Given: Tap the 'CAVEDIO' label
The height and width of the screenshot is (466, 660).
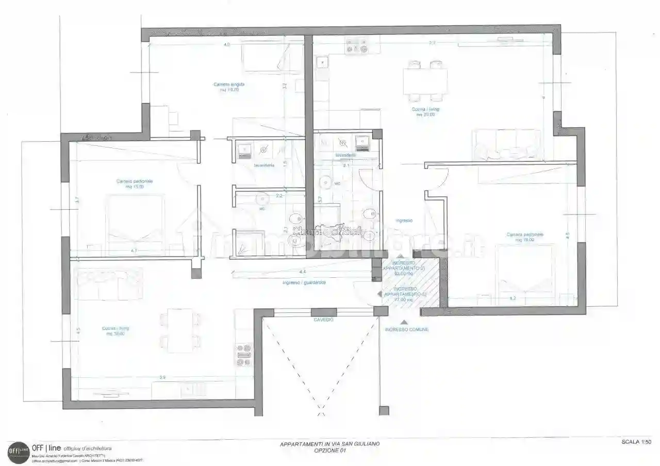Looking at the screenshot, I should tap(323, 320).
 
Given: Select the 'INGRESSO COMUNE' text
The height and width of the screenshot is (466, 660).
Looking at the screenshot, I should tap(406, 329).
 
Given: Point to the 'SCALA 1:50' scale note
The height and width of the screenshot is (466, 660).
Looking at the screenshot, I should tap(637, 442).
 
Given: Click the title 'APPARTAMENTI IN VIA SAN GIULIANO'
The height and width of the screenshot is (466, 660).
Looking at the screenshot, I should tap(330, 444).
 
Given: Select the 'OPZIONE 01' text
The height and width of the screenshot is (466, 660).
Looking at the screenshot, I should tap(330, 451).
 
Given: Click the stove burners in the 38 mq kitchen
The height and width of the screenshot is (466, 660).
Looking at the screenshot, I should tap(244, 355).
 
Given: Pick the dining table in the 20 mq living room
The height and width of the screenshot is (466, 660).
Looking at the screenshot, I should tap(425, 81).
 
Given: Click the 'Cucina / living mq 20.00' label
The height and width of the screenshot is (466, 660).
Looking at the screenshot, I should tap(425, 112).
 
